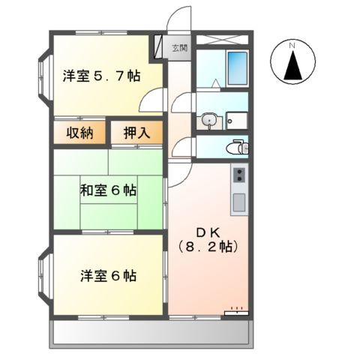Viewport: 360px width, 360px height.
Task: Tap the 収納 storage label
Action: pyautogui.click(x=77, y=134)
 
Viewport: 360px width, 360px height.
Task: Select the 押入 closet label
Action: pyautogui.click(x=136, y=134)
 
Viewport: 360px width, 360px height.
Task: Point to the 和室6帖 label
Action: pyautogui.click(x=108, y=190)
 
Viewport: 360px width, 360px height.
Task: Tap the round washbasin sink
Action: pyautogui.click(x=208, y=119)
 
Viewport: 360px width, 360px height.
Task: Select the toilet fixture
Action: pyautogui.click(x=238, y=146)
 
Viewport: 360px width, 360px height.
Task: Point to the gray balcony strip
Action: pyautogui.click(x=151, y=333)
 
